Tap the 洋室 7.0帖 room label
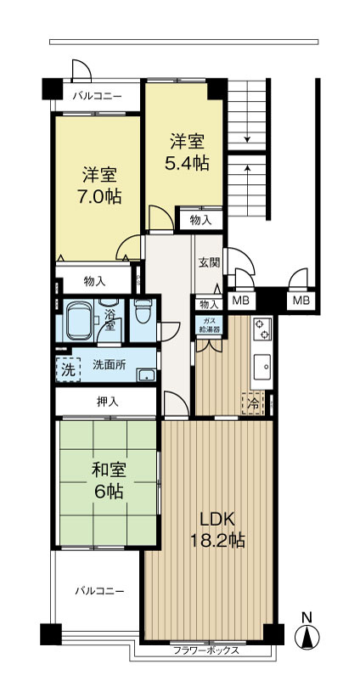tap(100, 185)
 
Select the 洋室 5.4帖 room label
tap(187, 151)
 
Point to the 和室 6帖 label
tap(108, 479)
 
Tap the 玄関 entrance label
tap(209, 262)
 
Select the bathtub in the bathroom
tap(82, 320)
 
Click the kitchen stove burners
tap(261, 326)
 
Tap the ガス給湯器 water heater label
tap(209, 326)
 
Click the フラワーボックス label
tap(205, 651)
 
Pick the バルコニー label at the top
tap(96, 95)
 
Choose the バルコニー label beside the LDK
tap(98, 589)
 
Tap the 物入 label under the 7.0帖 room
tap(95, 282)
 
